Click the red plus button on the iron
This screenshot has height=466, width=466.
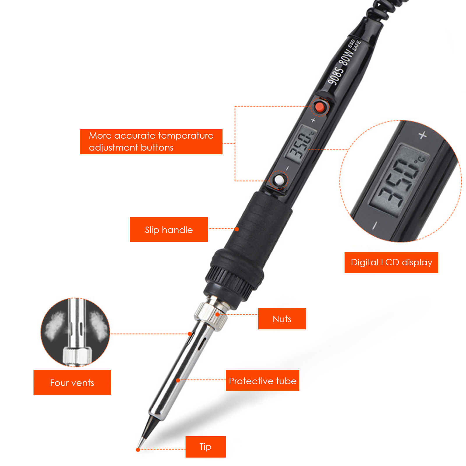coord(320,107)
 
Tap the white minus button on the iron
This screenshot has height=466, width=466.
coord(279,180)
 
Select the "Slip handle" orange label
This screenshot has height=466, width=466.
coord(169,230)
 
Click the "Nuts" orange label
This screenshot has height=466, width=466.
coord(282,319)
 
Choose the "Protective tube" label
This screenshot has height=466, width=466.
coord(262,380)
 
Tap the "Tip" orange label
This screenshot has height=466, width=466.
coord(205,447)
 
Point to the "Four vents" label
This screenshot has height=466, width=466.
coord(72,382)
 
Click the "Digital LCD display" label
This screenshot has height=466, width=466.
coord(391,262)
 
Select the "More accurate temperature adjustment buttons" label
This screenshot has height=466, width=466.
coord(151,142)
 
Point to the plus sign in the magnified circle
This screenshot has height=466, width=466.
coord(423,135)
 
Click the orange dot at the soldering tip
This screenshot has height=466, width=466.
coord(138,450)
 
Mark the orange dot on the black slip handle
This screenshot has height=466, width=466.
coord(237,229)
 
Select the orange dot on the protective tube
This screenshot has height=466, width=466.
coord(178,380)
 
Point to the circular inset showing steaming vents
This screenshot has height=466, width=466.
coord(75,332)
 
